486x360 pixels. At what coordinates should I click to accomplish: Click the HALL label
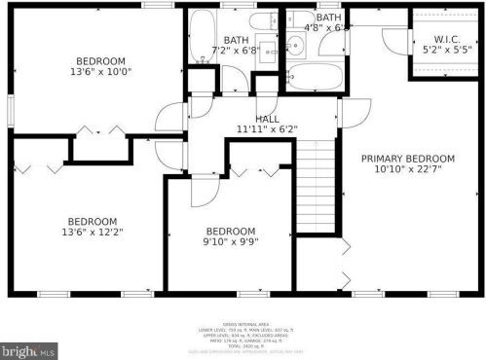click(267, 118)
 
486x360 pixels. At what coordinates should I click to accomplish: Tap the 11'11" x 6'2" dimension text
click(267, 129)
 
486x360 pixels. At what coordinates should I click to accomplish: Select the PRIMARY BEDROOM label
click(407, 159)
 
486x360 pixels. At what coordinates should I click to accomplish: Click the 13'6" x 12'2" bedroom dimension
click(92, 233)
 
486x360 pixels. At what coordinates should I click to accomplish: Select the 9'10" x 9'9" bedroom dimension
click(230, 241)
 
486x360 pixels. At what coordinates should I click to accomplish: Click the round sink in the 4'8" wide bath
click(293, 43)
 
